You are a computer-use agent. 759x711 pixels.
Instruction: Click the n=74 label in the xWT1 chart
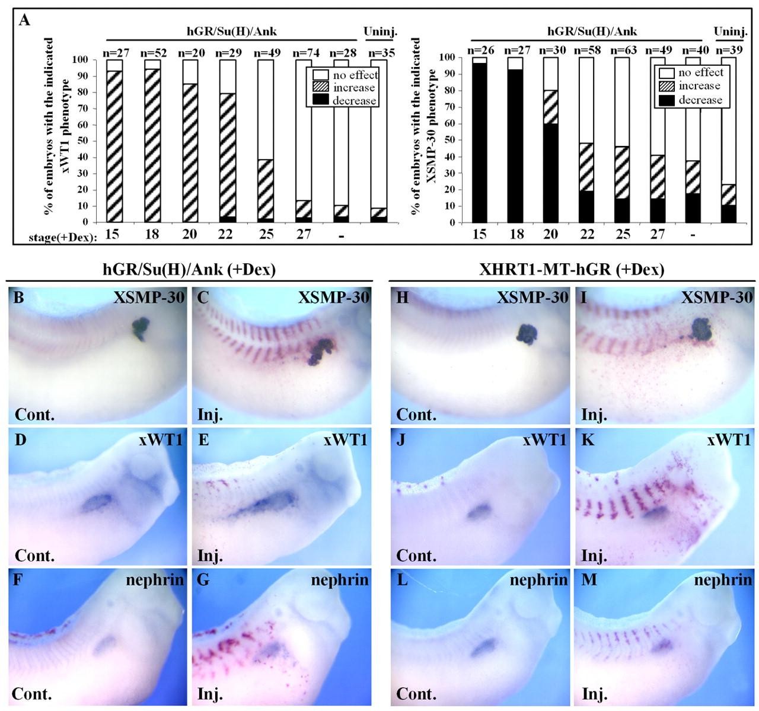pyautogui.click(x=302, y=53)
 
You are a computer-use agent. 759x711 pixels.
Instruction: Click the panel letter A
pyautogui.click(x=24, y=21)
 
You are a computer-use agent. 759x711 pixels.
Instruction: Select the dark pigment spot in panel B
pyautogui.click(x=141, y=329)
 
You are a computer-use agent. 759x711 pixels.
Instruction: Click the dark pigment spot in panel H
pyautogui.click(x=525, y=334)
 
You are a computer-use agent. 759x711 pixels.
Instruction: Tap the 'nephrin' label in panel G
pyautogui.click(x=340, y=580)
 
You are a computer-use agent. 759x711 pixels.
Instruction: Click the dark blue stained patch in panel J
pyautogui.click(x=477, y=512)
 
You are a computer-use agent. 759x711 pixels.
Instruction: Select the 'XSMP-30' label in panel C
pyautogui.click(x=340, y=298)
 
